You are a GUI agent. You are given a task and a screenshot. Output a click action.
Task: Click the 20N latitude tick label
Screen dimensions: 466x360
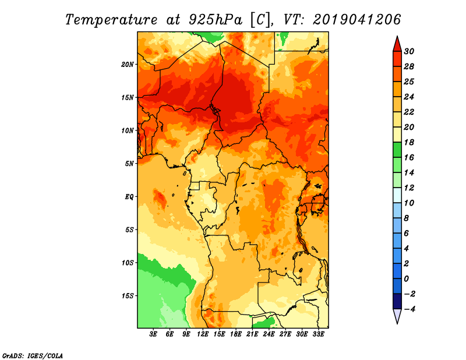(128, 65)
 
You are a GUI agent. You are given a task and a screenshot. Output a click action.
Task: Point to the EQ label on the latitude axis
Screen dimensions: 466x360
(129, 197)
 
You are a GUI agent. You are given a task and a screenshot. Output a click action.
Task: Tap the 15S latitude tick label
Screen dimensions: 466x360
(128, 296)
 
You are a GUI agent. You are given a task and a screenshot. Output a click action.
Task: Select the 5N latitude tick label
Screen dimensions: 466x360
(129, 164)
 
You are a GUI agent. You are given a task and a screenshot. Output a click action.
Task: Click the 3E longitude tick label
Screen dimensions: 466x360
(153, 334)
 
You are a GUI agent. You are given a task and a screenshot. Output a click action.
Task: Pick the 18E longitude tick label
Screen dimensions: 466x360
(236, 334)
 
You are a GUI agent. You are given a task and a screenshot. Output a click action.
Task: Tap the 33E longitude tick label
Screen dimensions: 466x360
(318, 334)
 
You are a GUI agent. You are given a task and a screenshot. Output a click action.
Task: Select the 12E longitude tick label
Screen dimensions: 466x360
(203, 334)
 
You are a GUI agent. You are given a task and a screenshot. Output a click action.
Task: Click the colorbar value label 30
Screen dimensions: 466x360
(409, 51)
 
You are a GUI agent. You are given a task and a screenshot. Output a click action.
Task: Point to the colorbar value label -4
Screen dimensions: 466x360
(409, 309)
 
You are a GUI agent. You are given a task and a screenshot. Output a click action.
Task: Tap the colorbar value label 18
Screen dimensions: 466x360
(409, 142)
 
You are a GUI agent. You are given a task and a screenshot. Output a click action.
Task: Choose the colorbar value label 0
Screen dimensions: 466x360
(406, 279)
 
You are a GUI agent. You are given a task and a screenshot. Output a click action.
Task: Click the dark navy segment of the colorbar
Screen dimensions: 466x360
(397, 301)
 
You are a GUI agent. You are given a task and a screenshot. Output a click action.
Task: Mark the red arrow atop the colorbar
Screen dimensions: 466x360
(397, 44)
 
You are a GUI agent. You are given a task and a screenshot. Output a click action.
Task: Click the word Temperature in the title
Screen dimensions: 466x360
(111, 20)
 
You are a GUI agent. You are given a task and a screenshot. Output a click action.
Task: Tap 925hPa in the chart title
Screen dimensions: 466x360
(215, 20)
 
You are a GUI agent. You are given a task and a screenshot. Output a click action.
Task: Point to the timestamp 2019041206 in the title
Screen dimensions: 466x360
(357, 19)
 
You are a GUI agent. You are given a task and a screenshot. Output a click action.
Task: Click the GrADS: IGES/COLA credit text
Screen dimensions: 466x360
(33, 356)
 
